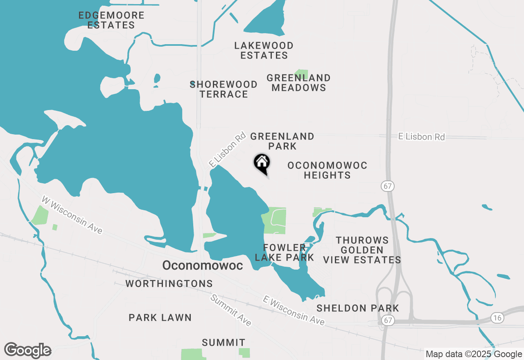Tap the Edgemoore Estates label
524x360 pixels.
tap(111, 20)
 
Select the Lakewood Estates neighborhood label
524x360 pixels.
tap(264, 50)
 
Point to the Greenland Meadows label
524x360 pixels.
tap(298, 83)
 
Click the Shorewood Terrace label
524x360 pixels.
tap(224, 89)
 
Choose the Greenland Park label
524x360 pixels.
tap(282, 141)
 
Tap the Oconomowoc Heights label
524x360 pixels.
tap(327, 170)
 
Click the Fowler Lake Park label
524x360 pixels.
tap(285, 252)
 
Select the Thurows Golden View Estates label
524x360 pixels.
tap(362, 250)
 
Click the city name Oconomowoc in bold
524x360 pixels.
tap(203, 265)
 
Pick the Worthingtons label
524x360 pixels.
tap(169, 283)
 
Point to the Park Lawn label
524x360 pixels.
tap(160, 317)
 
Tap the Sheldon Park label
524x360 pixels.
tap(358, 308)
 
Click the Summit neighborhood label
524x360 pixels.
tap(224, 342)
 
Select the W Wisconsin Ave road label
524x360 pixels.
tap(72, 215)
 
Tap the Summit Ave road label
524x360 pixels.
tap(231, 310)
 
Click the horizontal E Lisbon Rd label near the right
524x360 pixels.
tap(421, 137)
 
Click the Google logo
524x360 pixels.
tap(27, 351)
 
